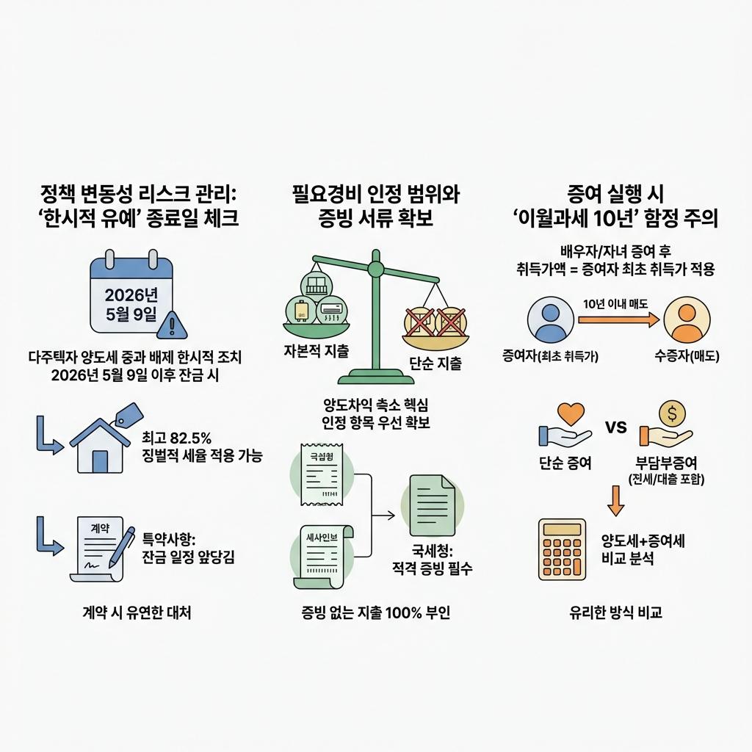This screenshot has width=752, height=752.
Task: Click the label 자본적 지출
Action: tap(316, 350)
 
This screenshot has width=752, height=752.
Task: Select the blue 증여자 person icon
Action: tap(550, 320)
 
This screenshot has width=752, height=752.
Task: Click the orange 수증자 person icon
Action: tap(687, 320)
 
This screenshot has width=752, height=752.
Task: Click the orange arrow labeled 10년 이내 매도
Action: tap(618, 319)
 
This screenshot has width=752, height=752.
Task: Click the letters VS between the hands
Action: tap(615, 427)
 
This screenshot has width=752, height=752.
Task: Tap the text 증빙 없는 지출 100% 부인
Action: tap(375, 612)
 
